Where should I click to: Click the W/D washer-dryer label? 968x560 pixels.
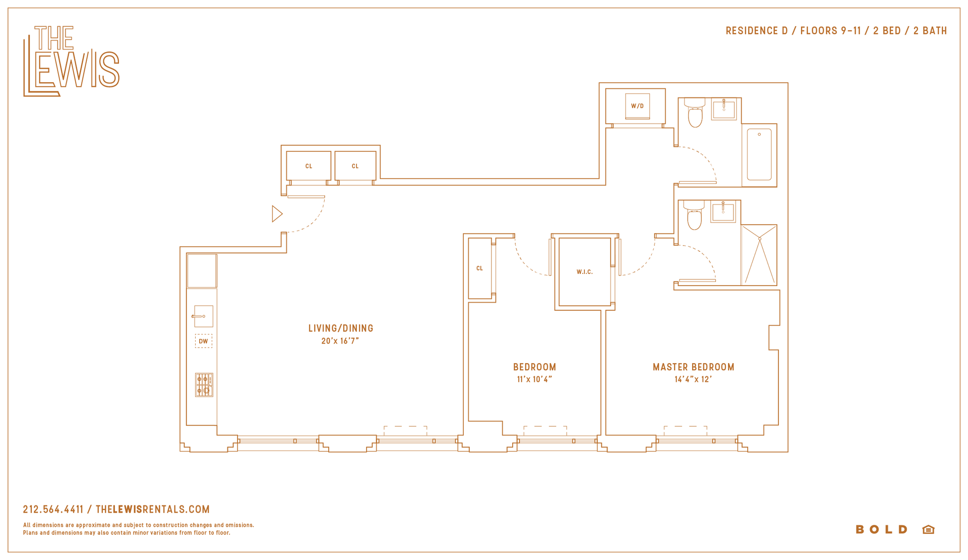(637, 106)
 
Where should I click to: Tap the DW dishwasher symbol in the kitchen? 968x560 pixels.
(204, 341)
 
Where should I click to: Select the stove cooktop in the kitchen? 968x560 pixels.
(204, 385)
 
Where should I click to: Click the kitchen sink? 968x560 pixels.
(203, 316)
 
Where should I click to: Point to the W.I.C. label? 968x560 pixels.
(585, 272)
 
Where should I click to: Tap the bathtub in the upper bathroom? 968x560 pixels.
(759, 154)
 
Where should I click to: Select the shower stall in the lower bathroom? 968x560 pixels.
(759, 255)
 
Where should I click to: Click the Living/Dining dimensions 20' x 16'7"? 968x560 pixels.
(340, 341)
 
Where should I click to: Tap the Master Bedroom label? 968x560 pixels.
(694, 367)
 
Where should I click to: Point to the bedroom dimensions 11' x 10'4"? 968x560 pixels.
(535, 379)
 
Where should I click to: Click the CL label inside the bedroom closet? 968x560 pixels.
(479, 268)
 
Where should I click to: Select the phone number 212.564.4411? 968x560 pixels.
(53, 510)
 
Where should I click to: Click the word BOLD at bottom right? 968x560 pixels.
(882, 529)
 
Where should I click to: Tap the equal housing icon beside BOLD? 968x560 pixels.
(929, 529)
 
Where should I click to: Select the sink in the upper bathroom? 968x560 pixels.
(724, 109)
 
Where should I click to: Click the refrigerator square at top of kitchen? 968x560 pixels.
(202, 271)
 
